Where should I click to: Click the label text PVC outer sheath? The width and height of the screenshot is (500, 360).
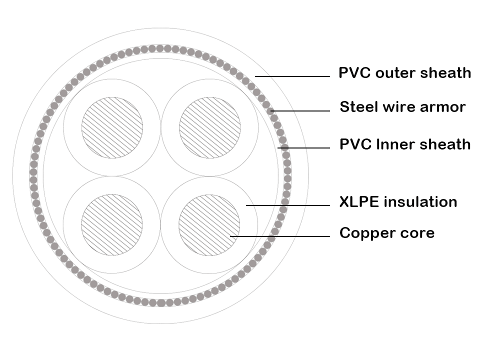tap(404, 73)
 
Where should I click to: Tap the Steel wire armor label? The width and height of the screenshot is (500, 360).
tap(402, 106)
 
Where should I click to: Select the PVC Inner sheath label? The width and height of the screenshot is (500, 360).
tap(405, 144)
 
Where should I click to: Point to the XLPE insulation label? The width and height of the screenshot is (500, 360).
tap(398, 202)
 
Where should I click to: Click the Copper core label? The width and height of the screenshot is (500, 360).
tap(386, 233)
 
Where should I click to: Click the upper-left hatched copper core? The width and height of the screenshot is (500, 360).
tap(112, 127)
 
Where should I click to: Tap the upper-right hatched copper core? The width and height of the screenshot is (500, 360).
tap(209, 127)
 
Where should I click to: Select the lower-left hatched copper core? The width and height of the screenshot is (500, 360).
tap(112, 224)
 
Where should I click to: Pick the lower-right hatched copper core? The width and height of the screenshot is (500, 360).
tap(209, 224)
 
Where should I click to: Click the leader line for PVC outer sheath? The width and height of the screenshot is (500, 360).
tap(292, 76)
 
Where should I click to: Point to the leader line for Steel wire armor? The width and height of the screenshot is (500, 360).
tap(300, 111)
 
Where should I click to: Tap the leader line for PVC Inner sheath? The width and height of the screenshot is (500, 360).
tap(305, 148)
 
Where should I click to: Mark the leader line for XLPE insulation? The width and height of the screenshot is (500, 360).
tap(287, 205)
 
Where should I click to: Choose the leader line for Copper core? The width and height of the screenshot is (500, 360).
tap(280, 236)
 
